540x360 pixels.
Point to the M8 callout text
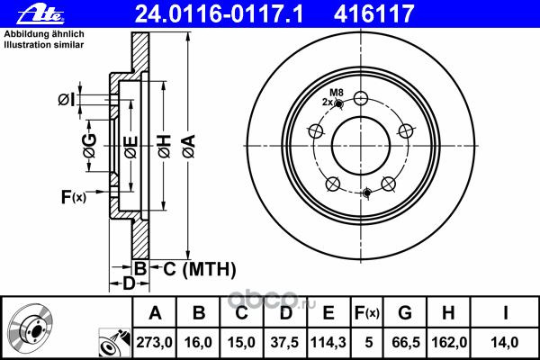337,93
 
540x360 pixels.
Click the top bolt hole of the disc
361,99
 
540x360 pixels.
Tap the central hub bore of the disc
361,145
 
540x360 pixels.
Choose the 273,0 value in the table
156,340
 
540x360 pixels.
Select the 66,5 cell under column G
405,340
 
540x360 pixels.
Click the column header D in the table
284,313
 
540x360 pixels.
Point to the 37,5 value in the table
284,340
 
